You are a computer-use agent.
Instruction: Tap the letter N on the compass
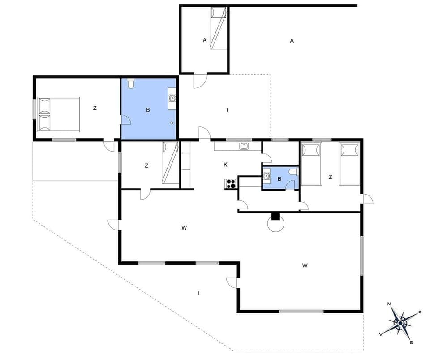pos(389,304)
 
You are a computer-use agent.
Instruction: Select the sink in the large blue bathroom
pos(172,97)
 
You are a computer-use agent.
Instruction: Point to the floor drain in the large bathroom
pos(172,123)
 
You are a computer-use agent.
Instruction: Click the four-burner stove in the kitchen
pos(231,183)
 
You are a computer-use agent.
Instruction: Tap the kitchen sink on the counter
pos(244,145)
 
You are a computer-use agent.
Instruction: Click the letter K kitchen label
pos(225,165)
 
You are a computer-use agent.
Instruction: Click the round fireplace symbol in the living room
pos(275,222)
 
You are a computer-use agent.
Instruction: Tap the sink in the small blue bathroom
pos(267,176)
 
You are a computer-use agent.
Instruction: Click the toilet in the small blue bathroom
pos(293,172)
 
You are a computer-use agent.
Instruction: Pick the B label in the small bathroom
pos(279,179)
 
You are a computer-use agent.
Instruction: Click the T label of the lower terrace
pos(199,293)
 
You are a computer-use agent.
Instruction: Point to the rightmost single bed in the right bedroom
pos(350,164)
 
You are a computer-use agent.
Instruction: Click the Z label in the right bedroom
pos(330,177)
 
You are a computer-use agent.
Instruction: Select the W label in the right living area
pos(305,265)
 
